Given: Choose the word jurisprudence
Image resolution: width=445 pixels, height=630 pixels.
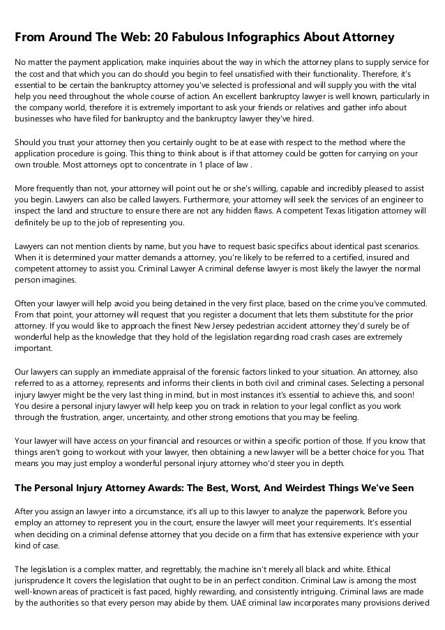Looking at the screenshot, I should [x=42, y=581].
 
